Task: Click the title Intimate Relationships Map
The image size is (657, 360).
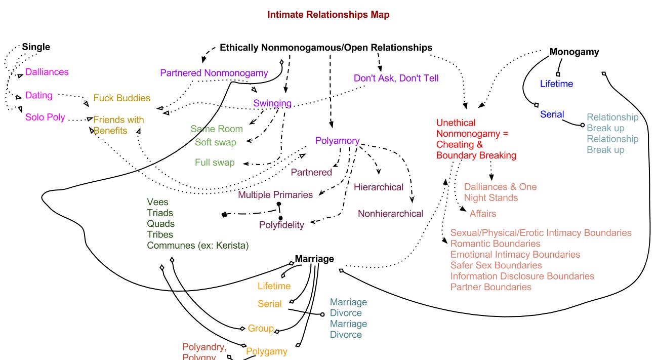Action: (x=328, y=15)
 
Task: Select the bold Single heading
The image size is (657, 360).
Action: (x=36, y=47)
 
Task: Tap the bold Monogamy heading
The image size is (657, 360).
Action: (x=574, y=52)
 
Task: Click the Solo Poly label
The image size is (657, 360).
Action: (x=45, y=117)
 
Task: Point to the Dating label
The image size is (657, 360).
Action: (x=39, y=95)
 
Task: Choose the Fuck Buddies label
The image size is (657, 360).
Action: (x=121, y=98)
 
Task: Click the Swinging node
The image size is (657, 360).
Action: (x=272, y=104)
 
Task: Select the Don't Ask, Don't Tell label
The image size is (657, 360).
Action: (x=396, y=78)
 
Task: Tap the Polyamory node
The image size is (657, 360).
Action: (x=337, y=141)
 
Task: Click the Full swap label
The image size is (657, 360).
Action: (x=215, y=163)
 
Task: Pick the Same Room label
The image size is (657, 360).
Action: (x=216, y=129)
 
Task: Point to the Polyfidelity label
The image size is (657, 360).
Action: (x=281, y=225)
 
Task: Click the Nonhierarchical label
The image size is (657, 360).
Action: (x=390, y=214)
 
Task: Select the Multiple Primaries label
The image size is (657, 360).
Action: (x=275, y=194)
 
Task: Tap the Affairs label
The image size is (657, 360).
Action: (x=482, y=214)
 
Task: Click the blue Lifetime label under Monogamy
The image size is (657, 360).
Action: (x=556, y=84)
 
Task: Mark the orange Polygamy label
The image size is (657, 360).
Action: (x=266, y=351)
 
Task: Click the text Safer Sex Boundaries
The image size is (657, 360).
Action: (x=496, y=265)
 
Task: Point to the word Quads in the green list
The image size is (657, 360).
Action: (x=160, y=224)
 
